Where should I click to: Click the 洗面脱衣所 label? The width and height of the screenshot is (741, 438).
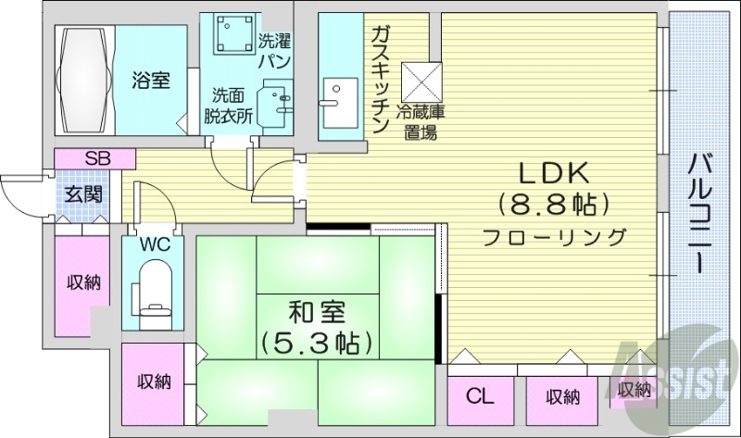coord(228,106)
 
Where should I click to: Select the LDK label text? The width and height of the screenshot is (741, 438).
coord(553,172)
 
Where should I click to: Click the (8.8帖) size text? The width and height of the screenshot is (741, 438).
coord(553,203)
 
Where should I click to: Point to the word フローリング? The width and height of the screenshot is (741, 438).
coord(553,237)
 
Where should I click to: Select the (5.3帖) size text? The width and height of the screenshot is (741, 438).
coord(318,343)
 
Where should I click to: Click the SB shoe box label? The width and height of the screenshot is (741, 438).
coord(97,158)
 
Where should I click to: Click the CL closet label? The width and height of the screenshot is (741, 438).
coord(479,397)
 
